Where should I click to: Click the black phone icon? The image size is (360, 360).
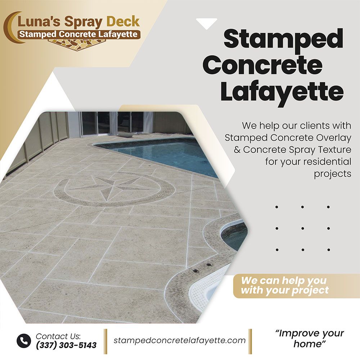click(24, 341)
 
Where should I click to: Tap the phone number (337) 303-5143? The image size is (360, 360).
click(66, 345)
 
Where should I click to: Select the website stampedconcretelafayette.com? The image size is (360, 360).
click(180, 340)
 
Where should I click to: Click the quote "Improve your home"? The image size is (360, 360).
click(310, 338)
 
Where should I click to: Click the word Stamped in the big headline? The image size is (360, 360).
click(284, 39)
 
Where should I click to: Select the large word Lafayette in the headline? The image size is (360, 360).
click(282, 92)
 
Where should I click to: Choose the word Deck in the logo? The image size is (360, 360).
click(123, 22)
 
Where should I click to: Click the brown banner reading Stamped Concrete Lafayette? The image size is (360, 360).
click(78, 34)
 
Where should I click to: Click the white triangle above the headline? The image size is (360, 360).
click(206, 22)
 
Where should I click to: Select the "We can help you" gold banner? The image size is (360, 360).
click(296, 285)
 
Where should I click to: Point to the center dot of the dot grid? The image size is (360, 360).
click(303, 229)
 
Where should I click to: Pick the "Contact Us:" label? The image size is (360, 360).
click(58, 336)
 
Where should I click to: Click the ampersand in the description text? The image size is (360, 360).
click(237, 150)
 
